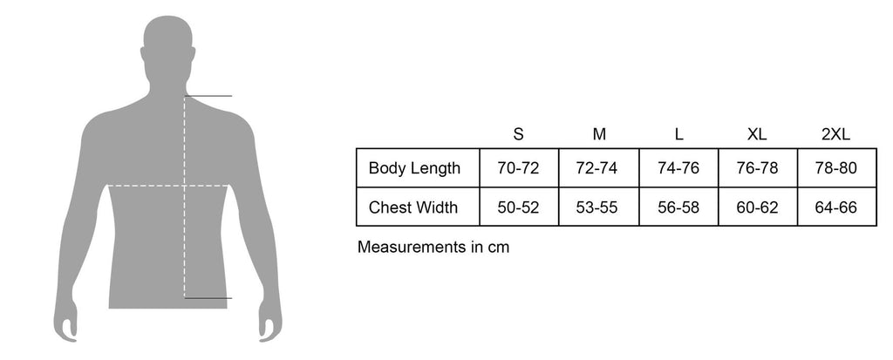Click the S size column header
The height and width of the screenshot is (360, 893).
click(x=518, y=134)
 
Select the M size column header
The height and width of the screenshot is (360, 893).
click(x=599, y=134)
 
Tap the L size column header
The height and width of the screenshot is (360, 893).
click(x=678, y=134)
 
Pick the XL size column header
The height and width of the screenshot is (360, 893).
click(x=758, y=134)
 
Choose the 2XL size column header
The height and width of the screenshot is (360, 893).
click(x=836, y=134)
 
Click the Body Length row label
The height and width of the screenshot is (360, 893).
click(x=414, y=168)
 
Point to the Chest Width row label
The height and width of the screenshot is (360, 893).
click(x=412, y=207)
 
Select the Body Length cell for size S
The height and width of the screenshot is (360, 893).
click(x=518, y=168)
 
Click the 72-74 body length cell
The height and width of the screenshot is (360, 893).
click(x=596, y=168)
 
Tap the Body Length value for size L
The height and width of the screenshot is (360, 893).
click(x=678, y=168)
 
